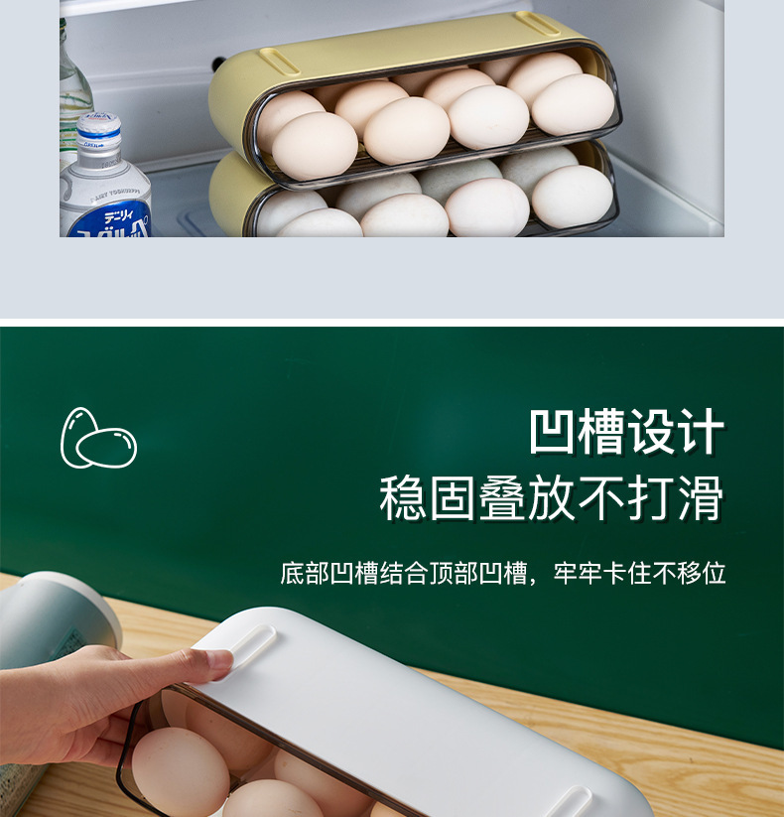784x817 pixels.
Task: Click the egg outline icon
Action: [x=98, y=438]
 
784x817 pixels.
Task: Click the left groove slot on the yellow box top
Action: [x=281, y=62]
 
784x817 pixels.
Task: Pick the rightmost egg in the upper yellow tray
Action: [x=574, y=104]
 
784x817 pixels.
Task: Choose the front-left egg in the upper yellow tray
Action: [x=314, y=146]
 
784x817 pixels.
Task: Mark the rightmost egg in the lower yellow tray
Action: [x=572, y=196]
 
